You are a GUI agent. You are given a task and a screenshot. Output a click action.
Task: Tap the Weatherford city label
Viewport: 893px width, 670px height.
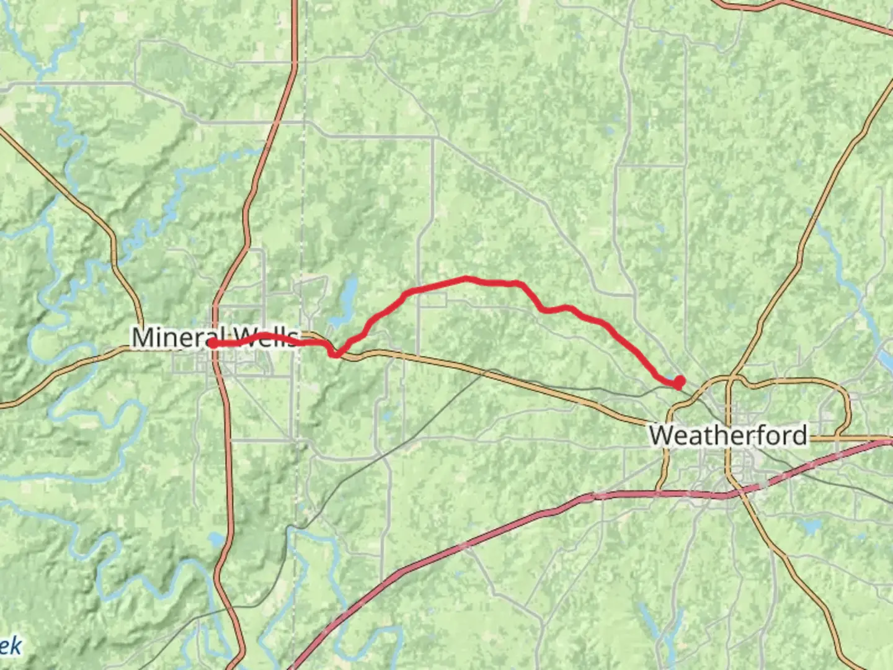[728, 435]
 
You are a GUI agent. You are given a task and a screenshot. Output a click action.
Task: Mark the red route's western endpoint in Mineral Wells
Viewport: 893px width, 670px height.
[213, 343]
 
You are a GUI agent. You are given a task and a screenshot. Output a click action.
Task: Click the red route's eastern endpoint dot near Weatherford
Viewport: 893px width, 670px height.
[680, 381]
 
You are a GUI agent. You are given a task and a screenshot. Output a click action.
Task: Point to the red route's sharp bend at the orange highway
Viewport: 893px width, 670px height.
[335, 354]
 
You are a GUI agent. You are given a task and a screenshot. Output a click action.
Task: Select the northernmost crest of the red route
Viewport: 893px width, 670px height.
[466, 279]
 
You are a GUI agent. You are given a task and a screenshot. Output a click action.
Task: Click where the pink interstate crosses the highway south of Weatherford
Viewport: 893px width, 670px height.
[731, 494]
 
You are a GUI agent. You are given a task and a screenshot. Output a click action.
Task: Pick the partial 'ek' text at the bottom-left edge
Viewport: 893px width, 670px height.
[10, 646]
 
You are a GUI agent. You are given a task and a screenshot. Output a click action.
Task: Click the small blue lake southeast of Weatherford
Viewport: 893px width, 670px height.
[810, 528]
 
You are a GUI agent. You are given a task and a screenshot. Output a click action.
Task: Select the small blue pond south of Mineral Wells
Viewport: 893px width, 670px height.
[216, 540]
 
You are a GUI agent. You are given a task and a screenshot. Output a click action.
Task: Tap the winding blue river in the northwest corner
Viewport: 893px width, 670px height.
[56, 124]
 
